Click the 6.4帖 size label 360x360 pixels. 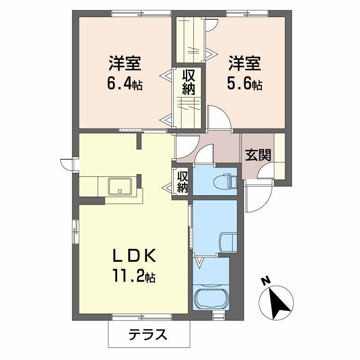(x=125, y=84)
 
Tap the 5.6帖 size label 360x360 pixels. (x=244, y=84)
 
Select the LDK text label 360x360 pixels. (x=134, y=256)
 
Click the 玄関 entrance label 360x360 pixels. (x=258, y=155)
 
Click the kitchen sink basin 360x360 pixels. (x=120, y=186)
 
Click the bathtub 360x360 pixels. (x=211, y=298)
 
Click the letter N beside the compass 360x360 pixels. (x=266, y=281)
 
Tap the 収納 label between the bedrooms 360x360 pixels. (x=189, y=82)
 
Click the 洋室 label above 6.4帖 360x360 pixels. (x=125, y=63)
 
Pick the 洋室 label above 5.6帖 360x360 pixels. (x=244, y=63)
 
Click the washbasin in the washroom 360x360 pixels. (x=228, y=243)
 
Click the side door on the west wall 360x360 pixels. (x=68, y=165)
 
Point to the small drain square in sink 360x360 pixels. (x=120, y=190)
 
